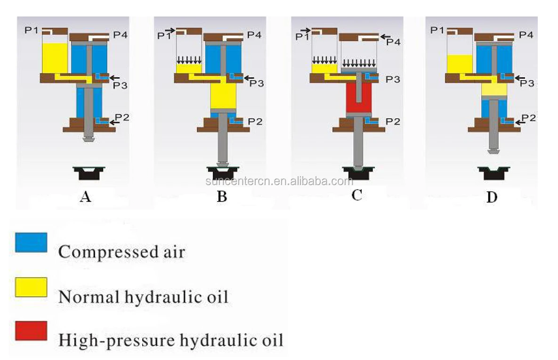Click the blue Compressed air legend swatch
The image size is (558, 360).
[31, 243]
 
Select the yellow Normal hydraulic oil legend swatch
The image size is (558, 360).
[31, 287]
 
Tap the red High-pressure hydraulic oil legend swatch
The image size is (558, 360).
[31, 331]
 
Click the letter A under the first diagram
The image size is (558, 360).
[85, 196]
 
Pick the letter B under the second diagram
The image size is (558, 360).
[222, 196]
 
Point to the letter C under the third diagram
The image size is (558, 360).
[356, 195]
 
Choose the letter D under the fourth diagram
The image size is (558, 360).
[492, 197]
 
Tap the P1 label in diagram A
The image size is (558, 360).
[32, 30]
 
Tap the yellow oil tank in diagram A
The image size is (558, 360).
[55, 58]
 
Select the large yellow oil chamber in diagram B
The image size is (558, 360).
[223, 96]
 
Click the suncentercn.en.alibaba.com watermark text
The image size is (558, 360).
[279, 181]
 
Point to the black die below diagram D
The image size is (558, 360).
[493, 173]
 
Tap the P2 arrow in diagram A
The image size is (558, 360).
[114, 122]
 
